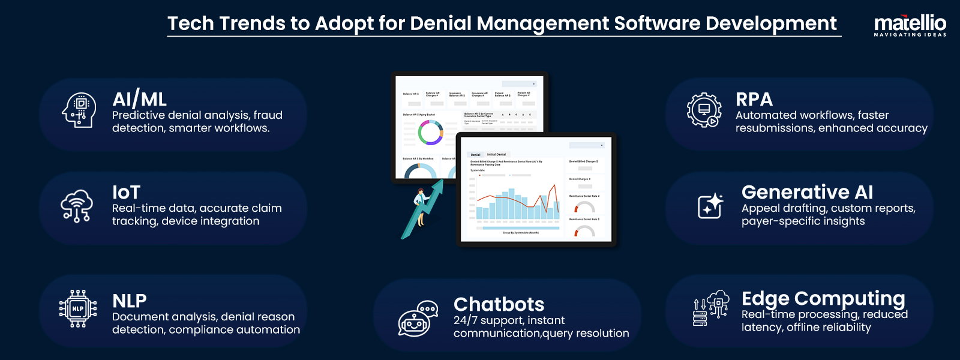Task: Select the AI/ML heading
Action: tap(139, 99)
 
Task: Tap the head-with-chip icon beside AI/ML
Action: tap(79, 110)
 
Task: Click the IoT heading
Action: tap(126, 192)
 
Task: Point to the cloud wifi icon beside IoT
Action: tap(77, 206)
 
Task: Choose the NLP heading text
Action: tap(130, 300)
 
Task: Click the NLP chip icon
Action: tap(78, 309)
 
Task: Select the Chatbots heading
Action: tap(499, 304)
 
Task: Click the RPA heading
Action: tap(754, 99)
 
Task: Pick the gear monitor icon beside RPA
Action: tap(704, 110)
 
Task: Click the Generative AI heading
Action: tap(807, 192)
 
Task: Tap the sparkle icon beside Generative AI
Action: tap(710, 206)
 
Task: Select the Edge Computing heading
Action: tap(823, 298)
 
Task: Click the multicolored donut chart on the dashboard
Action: tap(430, 133)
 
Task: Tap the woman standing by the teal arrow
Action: tap(420, 207)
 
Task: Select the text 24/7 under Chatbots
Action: tap(465, 320)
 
